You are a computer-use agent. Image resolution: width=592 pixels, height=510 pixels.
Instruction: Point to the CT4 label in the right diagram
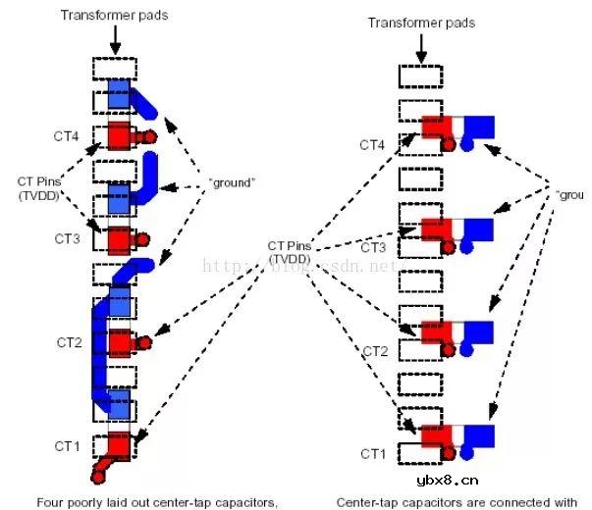373,145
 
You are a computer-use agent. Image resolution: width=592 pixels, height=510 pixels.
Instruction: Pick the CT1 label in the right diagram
373,453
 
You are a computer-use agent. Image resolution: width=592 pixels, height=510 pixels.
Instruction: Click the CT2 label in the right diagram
377,350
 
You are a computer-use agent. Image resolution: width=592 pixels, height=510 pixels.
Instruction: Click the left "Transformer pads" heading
116,14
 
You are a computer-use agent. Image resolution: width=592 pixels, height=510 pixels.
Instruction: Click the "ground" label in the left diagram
233,182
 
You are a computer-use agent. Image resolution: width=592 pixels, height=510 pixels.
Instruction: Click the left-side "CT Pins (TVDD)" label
42,188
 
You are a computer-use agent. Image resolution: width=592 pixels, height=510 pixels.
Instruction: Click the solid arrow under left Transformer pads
116,40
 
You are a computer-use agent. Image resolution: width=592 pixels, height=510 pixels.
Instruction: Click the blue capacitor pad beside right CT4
479,127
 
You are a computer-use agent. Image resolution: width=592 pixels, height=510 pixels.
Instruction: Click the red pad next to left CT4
119,133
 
